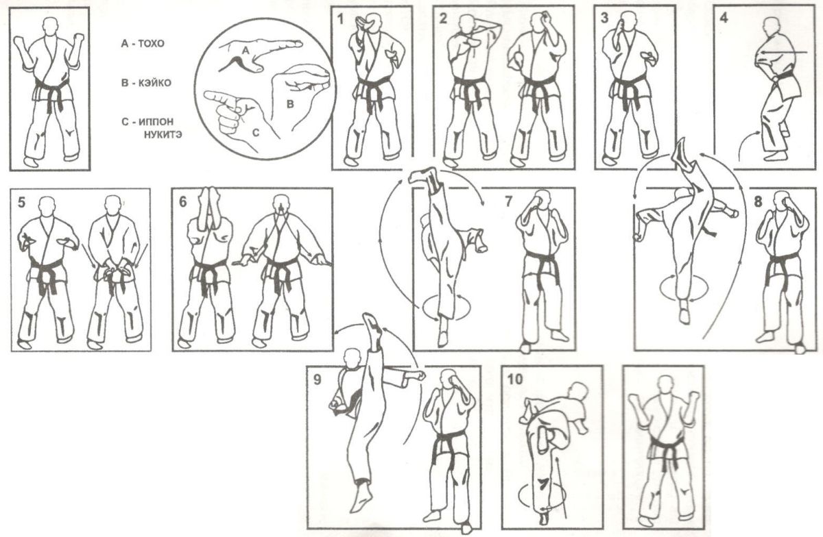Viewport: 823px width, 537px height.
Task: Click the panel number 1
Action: [x=341, y=19]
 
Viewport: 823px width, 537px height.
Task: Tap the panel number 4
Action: [x=724, y=18]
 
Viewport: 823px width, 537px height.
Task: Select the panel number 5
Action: [x=22, y=202]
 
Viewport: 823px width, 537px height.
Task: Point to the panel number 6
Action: [x=183, y=202]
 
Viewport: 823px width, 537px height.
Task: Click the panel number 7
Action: [x=508, y=201]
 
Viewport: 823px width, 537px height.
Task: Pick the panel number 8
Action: [x=758, y=201]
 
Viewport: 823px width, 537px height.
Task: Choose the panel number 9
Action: [x=317, y=380]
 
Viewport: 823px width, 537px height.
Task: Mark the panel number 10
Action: [x=515, y=379]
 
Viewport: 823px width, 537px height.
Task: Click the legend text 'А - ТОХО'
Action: [x=143, y=44]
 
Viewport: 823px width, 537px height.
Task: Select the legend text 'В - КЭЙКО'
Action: [x=146, y=83]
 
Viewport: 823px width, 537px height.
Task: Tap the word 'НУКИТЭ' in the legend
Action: [x=163, y=135]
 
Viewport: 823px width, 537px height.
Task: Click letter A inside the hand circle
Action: [x=246, y=52]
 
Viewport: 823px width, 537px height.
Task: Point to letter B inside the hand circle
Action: [x=290, y=105]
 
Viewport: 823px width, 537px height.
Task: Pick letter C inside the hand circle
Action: [x=256, y=132]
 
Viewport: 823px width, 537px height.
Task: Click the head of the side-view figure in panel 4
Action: [x=771, y=26]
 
